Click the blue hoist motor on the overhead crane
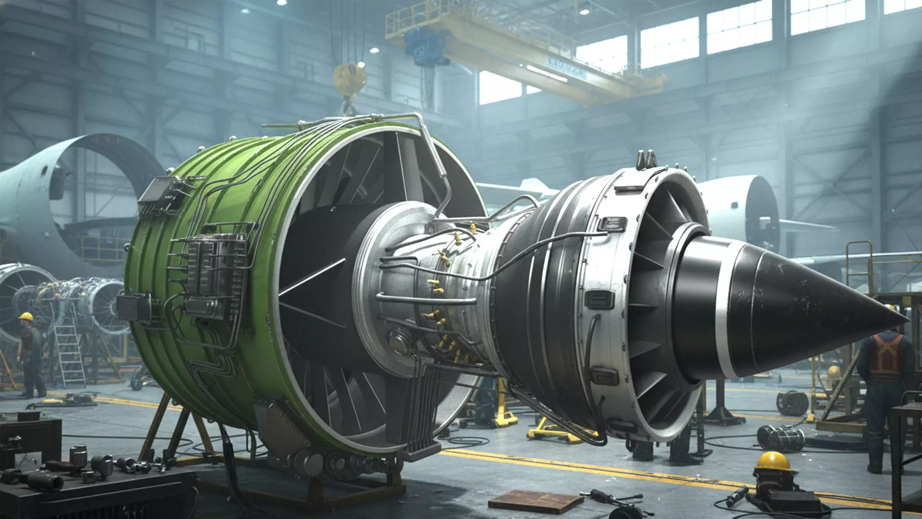click(423, 46)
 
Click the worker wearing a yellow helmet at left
click(30, 353)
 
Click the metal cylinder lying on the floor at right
click(780, 438)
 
